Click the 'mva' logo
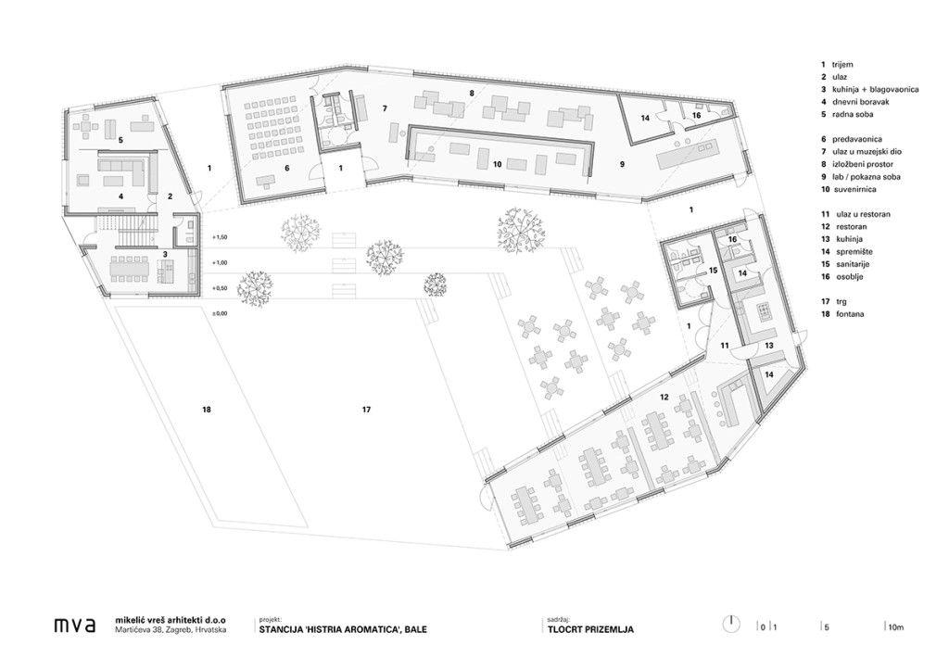coord(74,626)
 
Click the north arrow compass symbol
coord(731,625)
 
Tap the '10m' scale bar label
coord(896,627)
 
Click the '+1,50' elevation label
coord(220,237)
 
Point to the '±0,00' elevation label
coord(220,313)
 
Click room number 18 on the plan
coord(207,410)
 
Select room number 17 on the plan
coord(366,410)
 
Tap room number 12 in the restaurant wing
coord(664,397)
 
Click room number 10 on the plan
coord(498,164)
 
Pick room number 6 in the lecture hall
coord(287,169)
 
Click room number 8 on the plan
coord(472,94)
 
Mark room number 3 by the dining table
coord(165,254)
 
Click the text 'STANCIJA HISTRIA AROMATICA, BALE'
coord(343,629)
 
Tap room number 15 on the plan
coord(713,270)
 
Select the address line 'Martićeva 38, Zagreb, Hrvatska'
coord(171,630)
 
